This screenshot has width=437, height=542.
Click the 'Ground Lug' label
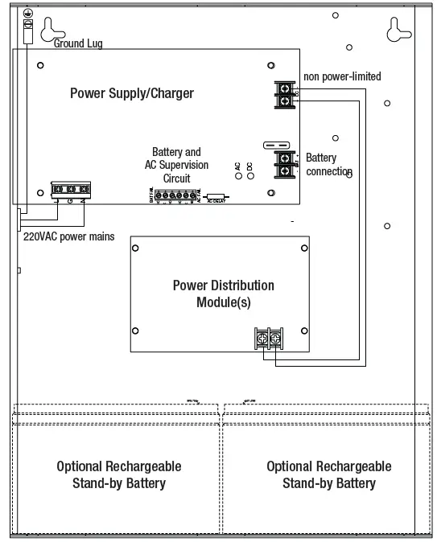pos(78,43)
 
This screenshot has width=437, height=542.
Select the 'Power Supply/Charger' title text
pos(132,93)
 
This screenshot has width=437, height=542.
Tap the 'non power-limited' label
pos(342,76)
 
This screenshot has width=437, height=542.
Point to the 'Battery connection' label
pos(328,165)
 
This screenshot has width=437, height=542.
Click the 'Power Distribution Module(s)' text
pos(223,294)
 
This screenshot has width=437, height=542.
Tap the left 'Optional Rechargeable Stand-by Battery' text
pos(118,474)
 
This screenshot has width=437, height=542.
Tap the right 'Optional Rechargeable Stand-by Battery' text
pos(328,474)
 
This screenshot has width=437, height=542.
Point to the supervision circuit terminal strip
pos(175,195)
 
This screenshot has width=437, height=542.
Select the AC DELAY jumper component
pos(215,196)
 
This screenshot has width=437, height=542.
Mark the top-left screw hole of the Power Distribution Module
pos(135,247)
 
